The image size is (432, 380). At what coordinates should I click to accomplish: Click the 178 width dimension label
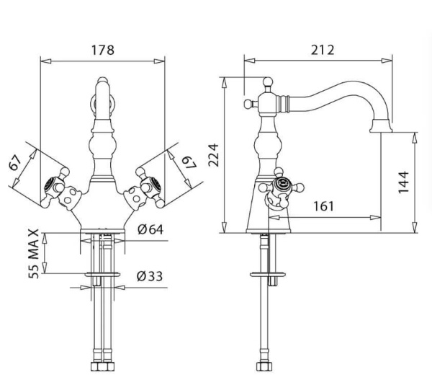tap(103, 50)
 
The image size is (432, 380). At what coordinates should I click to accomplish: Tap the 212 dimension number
tap(323, 50)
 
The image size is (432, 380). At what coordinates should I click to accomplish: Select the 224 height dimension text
tap(214, 154)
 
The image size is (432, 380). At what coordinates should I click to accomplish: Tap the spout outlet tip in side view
tap(382, 130)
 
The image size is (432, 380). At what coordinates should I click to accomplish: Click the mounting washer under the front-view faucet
tap(102, 275)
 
